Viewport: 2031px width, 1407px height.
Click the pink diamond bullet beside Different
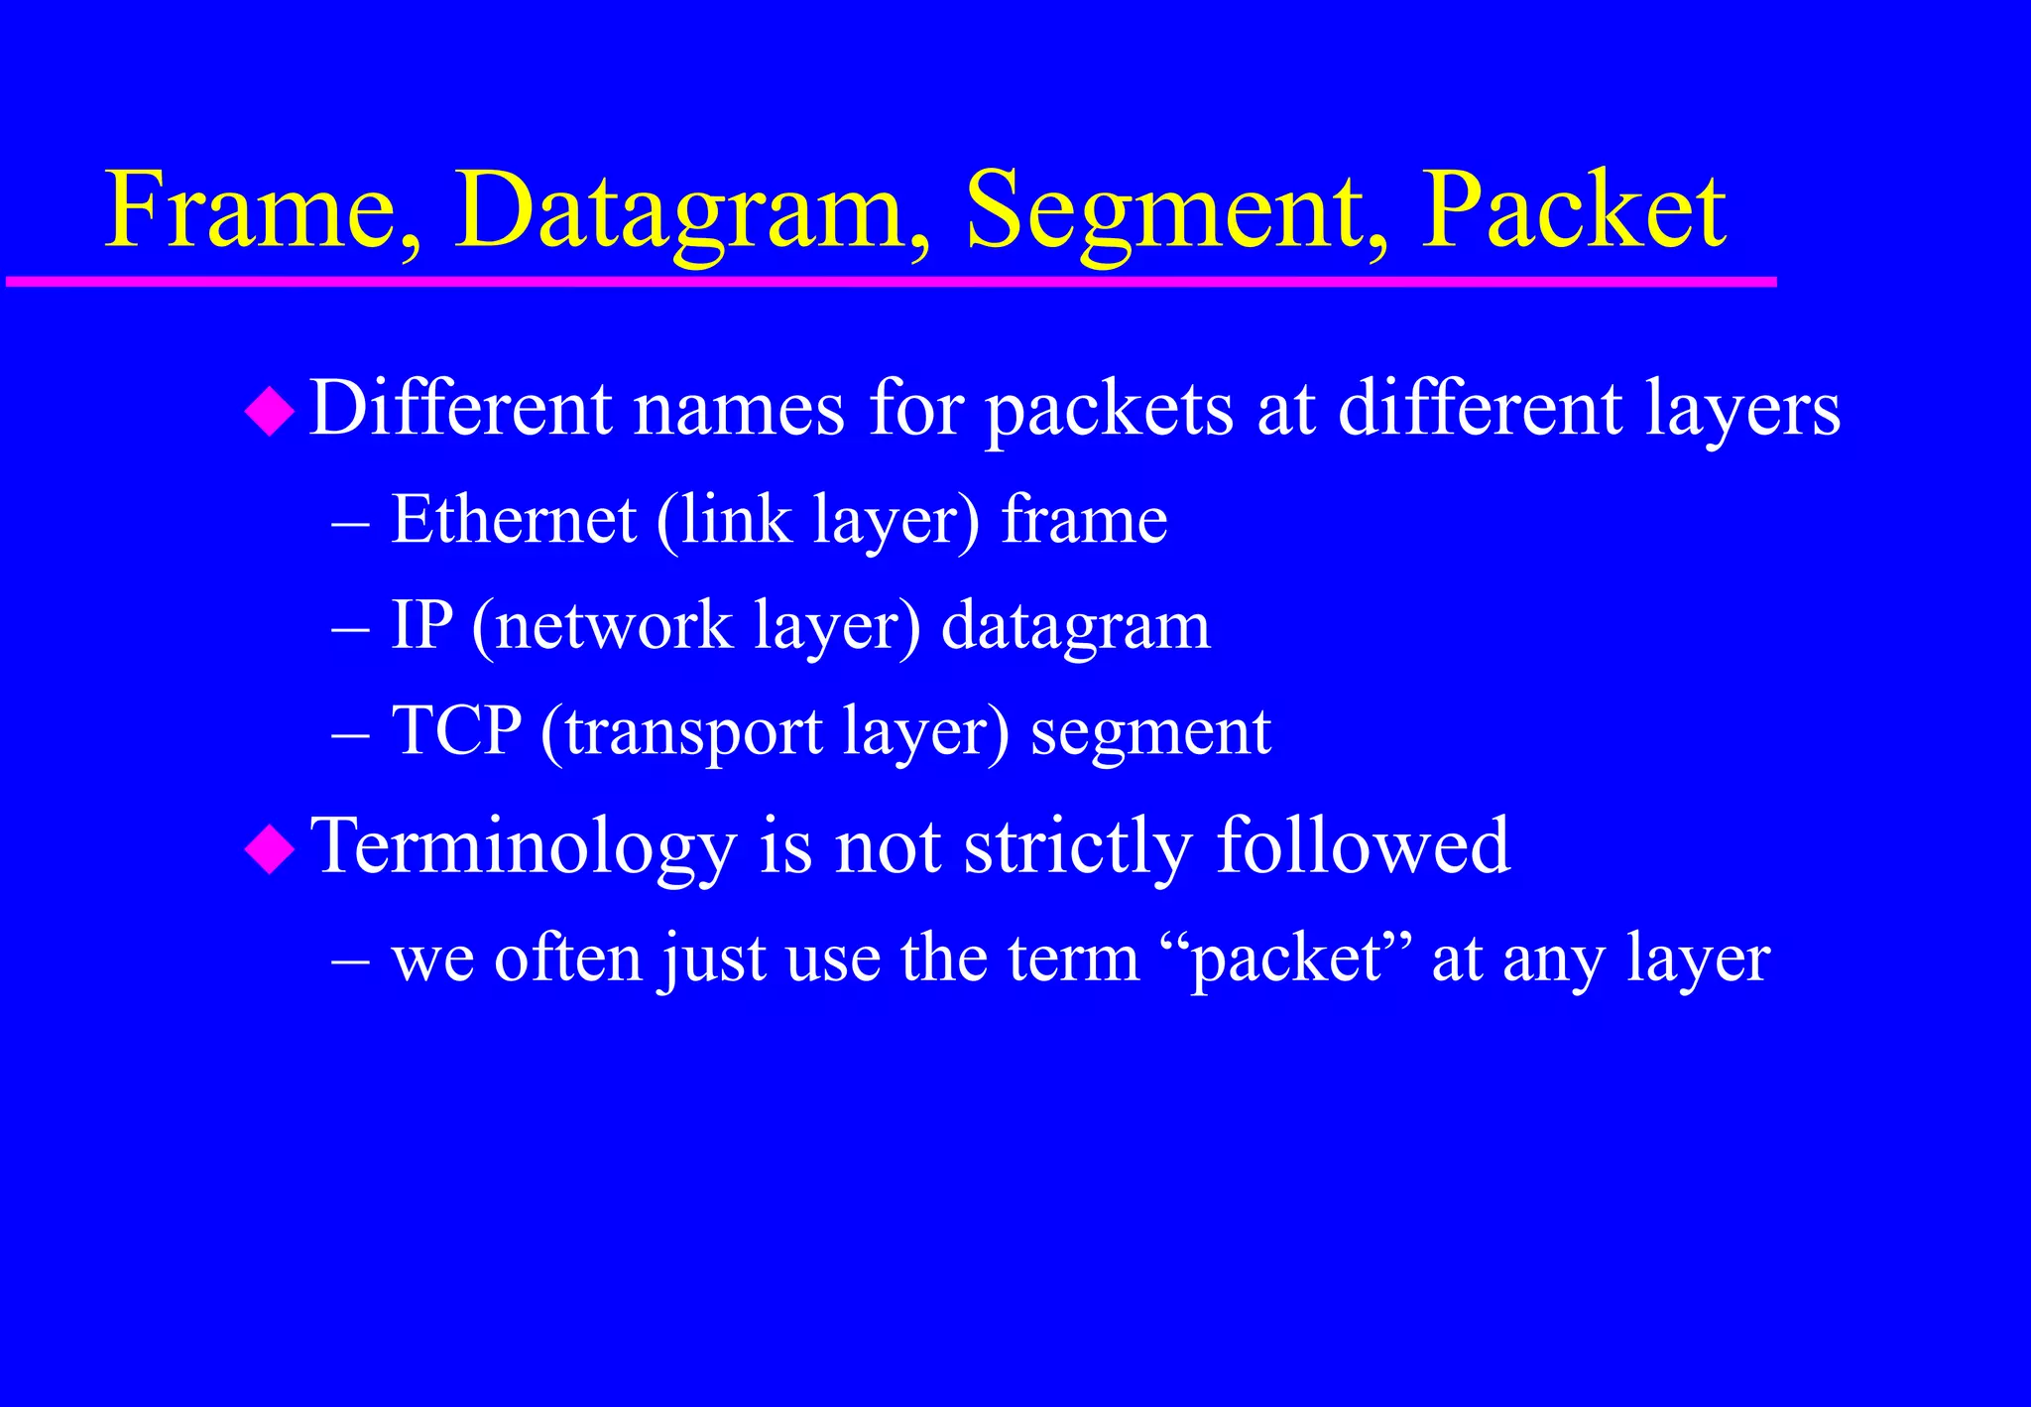270,412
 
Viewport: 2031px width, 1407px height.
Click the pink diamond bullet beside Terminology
270,849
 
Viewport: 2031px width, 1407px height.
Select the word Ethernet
513,519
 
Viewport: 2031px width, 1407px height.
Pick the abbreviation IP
421,625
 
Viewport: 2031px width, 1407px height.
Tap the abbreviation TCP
456,731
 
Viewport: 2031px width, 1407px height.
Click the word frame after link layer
1084,519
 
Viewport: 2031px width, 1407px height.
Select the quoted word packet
1286,959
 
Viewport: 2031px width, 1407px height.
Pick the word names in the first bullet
739,409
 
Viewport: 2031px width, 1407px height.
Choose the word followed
1363,845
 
